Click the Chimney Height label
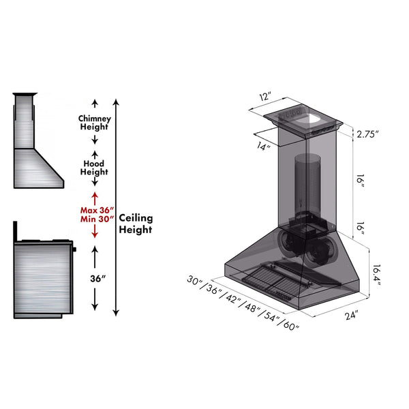(95, 123)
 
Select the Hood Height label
(94, 168)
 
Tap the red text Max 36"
(97, 210)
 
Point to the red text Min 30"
(97, 219)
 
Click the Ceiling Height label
(136, 224)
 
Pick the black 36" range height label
(97, 279)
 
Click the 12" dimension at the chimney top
(265, 96)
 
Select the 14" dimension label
(263, 146)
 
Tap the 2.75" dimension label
(367, 134)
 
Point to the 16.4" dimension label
(376, 275)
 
